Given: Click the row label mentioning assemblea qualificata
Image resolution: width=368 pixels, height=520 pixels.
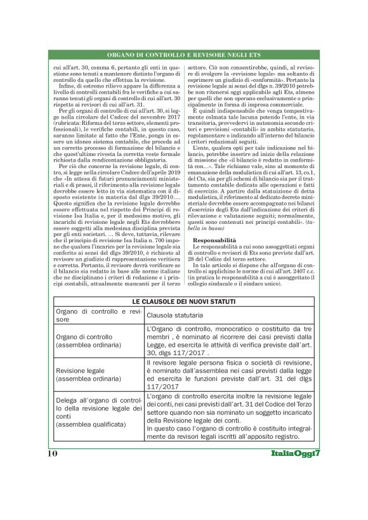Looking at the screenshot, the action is pyautogui.click(x=95, y=415).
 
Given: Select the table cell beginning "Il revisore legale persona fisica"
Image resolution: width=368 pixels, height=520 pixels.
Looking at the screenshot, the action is pyautogui.click(x=228, y=373).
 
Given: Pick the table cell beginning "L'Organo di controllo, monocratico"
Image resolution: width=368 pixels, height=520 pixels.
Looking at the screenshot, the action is pyautogui.click(x=228, y=341).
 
